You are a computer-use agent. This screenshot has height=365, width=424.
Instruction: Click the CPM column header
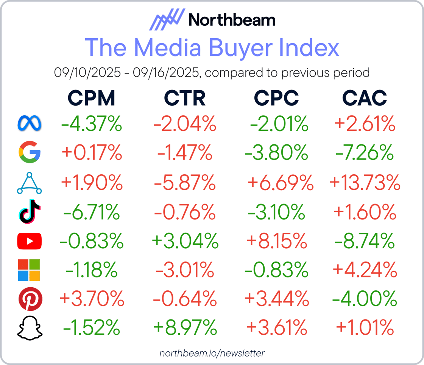click(x=91, y=98)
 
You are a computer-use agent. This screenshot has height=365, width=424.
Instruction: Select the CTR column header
click(x=185, y=98)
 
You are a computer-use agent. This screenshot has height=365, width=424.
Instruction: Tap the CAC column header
click(x=365, y=98)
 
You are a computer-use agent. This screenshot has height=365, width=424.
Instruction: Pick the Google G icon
click(x=30, y=153)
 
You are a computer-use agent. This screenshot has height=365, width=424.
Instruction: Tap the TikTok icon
click(x=30, y=211)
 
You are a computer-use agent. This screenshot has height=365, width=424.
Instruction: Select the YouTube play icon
click(x=30, y=241)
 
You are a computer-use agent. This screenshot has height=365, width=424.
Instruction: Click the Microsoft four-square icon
click(x=30, y=270)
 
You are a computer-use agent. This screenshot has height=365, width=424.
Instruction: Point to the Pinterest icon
click(x=30, y=299)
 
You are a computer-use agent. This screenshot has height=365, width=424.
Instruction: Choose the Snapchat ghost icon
click(x=30, y=328)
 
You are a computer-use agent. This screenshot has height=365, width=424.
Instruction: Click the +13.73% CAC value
click(x=365, y=183)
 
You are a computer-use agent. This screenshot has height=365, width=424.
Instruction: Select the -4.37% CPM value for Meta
click(x=91, y=124)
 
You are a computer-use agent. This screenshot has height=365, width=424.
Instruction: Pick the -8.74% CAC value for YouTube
click(x=365, y=241)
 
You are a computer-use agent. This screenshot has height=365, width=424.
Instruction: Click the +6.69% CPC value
click(x=281, y=183)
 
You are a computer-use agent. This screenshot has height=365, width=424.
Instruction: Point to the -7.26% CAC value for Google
click(x=365, y=153)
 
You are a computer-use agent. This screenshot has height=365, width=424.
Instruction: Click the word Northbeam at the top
click(x=232, y=19)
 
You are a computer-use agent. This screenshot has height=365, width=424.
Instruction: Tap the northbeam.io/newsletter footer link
click(x=212, y=353)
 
